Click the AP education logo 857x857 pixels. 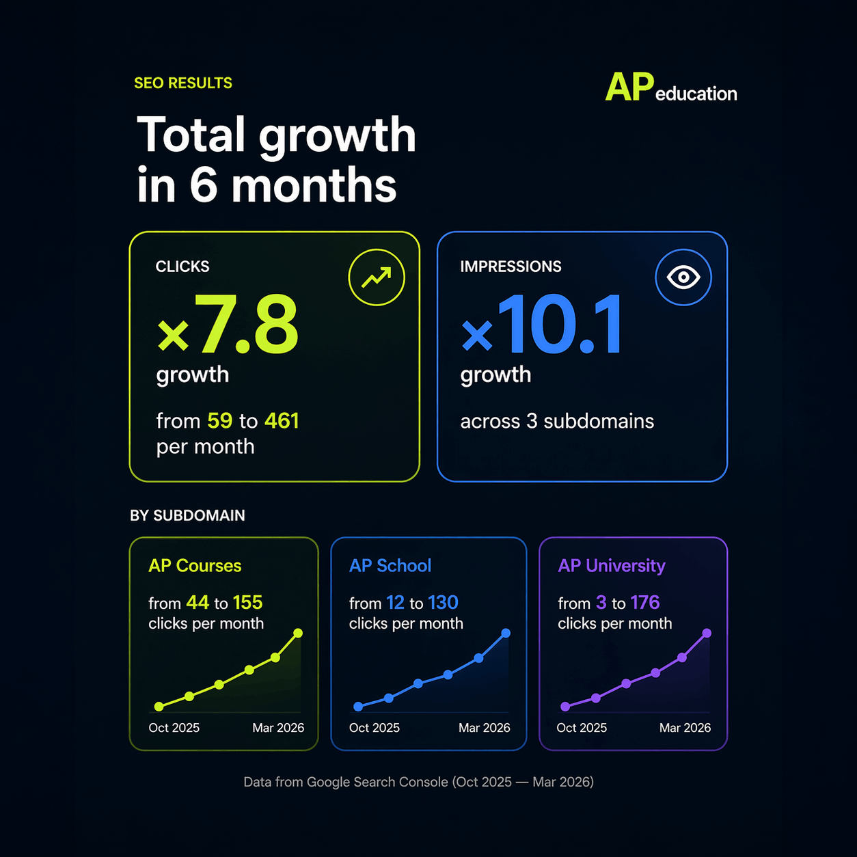[670, 88]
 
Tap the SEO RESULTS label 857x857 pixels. [183, 83]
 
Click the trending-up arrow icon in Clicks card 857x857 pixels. [377, 277]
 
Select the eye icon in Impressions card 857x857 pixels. [683, 277]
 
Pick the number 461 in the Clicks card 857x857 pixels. [282, 420]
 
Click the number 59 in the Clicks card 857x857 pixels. [219, 420]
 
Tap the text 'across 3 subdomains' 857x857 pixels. [557, 421]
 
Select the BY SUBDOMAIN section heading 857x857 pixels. [187, 515]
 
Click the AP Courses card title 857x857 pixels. [195, 566]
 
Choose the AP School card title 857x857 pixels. [390, 566]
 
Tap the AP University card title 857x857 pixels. [612, 566]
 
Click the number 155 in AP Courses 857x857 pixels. [247, 603]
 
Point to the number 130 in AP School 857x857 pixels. [443, 603]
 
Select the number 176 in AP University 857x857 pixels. [644, 603]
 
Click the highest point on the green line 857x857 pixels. [298, 634]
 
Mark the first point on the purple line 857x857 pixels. [565, 707]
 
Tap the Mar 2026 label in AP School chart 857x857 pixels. [484, 728]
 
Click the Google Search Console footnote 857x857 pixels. [418, 782]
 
